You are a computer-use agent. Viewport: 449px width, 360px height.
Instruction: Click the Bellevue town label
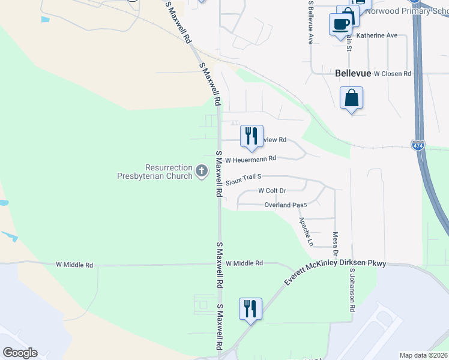click(352, 73)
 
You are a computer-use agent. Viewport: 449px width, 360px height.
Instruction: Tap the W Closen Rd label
click(392, 74)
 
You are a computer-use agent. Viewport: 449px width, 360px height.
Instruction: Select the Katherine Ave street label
click(377, 35)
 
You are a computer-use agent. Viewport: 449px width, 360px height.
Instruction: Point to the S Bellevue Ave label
click(310, 22)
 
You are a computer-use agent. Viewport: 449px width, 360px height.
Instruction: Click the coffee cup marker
click(340, 25)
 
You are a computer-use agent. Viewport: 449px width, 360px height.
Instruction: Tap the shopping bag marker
click(351, 98)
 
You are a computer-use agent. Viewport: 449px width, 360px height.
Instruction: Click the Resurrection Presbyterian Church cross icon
click(202, 172)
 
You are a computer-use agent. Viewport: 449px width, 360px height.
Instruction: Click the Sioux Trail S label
click(244, 178)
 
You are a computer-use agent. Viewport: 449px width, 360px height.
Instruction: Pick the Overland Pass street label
click(286, 205)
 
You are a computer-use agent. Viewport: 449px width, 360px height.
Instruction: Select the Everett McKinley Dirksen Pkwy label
click(336, 271)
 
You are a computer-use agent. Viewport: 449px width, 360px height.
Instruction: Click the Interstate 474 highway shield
click(418, 145)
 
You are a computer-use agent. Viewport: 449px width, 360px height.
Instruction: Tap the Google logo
click(20, 353)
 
